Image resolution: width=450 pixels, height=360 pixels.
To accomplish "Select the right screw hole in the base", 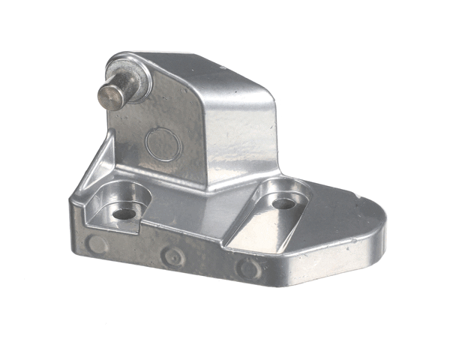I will pyautogui.click(x=283, y=203).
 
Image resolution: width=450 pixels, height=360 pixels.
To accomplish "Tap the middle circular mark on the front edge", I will pyautogui.click(x=174, y=257).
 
